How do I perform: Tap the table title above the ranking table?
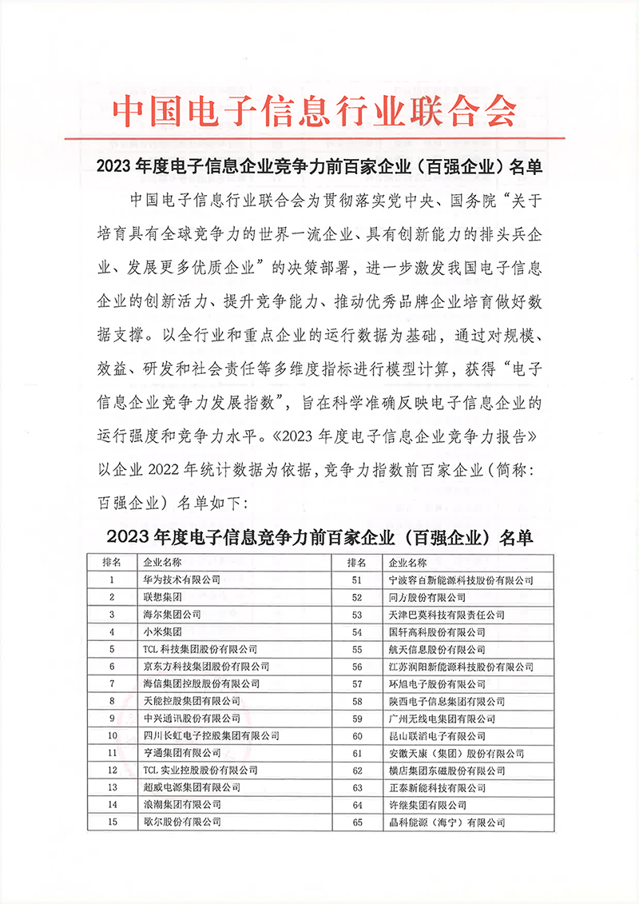click(319, 536)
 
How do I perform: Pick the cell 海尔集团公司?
click(171, 615)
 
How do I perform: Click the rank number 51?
click(357, 580)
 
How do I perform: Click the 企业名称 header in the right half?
click(407, 563)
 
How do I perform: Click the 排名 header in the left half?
click(113, 563)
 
